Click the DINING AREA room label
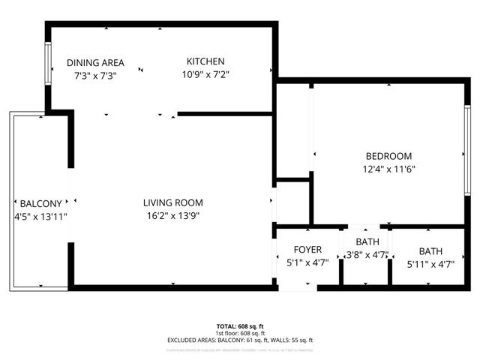[x=95, y=63]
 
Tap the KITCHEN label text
[x=205, y=61]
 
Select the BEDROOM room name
[x=389, y=156]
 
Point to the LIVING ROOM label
[x=173, y=202]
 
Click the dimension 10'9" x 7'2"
[x=205, y=74]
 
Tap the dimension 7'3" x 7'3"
[x=95, y=76]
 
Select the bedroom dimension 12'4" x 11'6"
[x=389, y=169]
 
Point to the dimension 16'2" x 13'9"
[x=173, y=216]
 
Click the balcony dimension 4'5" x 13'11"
[x=42, y=217]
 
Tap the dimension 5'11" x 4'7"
[x=430, y=263]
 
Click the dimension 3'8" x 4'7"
[x=367, y=255]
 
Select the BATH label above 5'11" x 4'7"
[x=430, y=251]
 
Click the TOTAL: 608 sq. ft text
[x=240, y=326]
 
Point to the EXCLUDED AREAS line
[x=240, y=340]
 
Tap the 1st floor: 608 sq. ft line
[x=240, y=333]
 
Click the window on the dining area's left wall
[x=49, y=64]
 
